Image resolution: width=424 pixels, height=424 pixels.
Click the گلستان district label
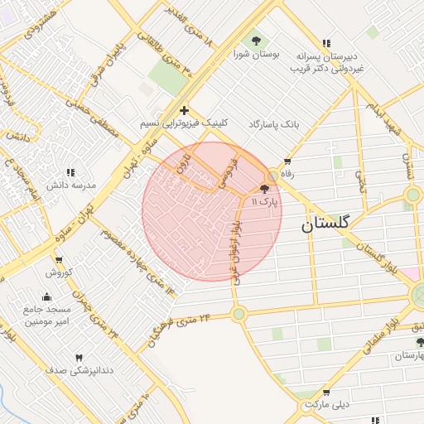pyautogui.click(x=325, y=224)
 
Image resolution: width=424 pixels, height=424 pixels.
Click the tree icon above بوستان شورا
pyautogui.click(x=255, y=40)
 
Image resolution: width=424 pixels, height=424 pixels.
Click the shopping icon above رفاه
pyautogui.click(x=287, y=162)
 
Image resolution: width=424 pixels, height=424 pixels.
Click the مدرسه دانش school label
pyautogui.click(x=70, y=185)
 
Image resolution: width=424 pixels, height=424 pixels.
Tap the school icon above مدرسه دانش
pyautogui.click(x=70, y=173)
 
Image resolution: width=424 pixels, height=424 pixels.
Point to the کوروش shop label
pyautogui.click(x=60, y=272)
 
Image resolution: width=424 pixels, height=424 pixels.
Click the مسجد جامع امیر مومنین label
pyautogui.click(x=45, y=314)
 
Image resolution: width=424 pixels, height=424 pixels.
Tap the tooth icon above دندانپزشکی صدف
pyautogui.click(x=79, y=357)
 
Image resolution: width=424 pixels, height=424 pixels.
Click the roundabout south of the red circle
pyautogui.click(x=239, y=314)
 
